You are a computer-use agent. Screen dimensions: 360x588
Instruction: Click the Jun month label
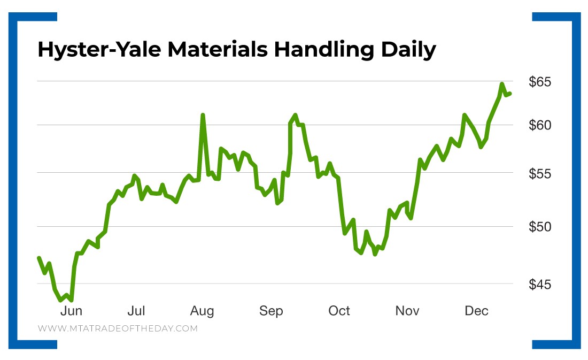tap(71, 311)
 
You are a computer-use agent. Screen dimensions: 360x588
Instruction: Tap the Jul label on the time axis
tap(137, 311)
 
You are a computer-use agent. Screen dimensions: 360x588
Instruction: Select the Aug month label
tap(202, 311)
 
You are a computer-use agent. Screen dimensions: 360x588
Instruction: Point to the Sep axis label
tap(271, 311)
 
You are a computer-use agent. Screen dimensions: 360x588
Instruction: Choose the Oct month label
tap(339, 311)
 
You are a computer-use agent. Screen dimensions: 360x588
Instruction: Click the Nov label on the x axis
tap(407, 311)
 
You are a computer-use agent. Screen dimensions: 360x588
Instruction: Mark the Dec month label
tap(476, 311)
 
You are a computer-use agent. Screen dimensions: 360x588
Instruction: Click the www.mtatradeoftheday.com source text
tap(118, 328)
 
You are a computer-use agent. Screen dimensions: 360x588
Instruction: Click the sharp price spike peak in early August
tap(203, 115)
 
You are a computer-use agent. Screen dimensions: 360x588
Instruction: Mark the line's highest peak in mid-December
tap(502, 84)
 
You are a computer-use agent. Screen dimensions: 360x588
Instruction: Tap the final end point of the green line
tap(510, 94)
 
